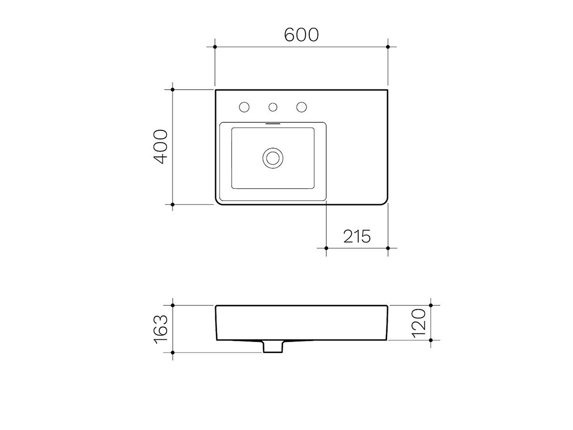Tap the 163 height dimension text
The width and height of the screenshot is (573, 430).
click(161, 329)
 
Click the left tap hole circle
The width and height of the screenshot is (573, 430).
click(244, 107)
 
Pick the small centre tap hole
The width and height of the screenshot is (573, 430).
click(273, 107)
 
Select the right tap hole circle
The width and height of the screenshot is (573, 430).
click(301, 107)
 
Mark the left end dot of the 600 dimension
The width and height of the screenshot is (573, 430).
click(215, 47)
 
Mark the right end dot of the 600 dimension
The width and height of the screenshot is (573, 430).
click(388, 47)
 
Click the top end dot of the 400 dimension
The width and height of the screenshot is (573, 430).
click(172, 89)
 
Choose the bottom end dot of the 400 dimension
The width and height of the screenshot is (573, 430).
click(172, 204)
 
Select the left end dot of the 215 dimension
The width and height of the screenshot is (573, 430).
click(326, 248)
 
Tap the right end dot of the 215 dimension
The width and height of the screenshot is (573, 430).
click(388, 248)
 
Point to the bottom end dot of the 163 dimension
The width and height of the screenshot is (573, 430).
click(172, 353)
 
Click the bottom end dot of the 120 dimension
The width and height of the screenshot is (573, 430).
click(431, 340)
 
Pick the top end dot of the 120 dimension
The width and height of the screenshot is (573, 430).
click(431, 305)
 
